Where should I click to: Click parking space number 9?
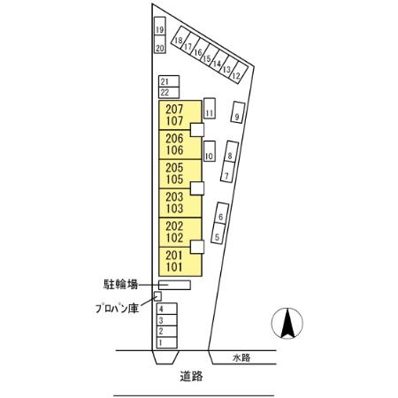238,112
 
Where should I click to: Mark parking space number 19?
159,30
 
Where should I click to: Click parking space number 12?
236,75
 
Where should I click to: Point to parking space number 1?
165,341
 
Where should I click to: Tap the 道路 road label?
191,376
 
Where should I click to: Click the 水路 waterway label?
242,357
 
